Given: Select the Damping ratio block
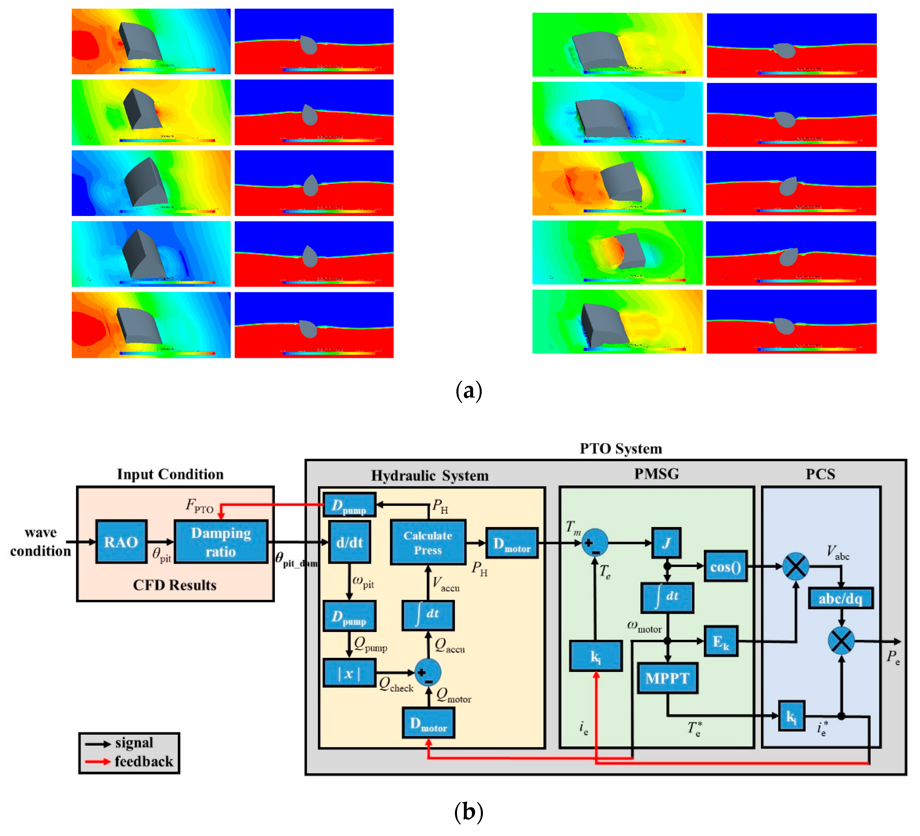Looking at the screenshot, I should pos(221,542).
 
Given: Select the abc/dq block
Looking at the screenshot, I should pos(841,598).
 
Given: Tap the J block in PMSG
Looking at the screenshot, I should pos(667,543).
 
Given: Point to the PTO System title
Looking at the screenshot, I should pos(621,449).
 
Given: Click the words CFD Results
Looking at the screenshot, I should pos(175,585).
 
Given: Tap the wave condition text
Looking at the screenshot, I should pos(41,542).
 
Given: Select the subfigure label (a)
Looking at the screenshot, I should pos(469,391).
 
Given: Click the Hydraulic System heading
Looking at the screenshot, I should pos(429,476).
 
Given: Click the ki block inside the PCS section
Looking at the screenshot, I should pos(791,716).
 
